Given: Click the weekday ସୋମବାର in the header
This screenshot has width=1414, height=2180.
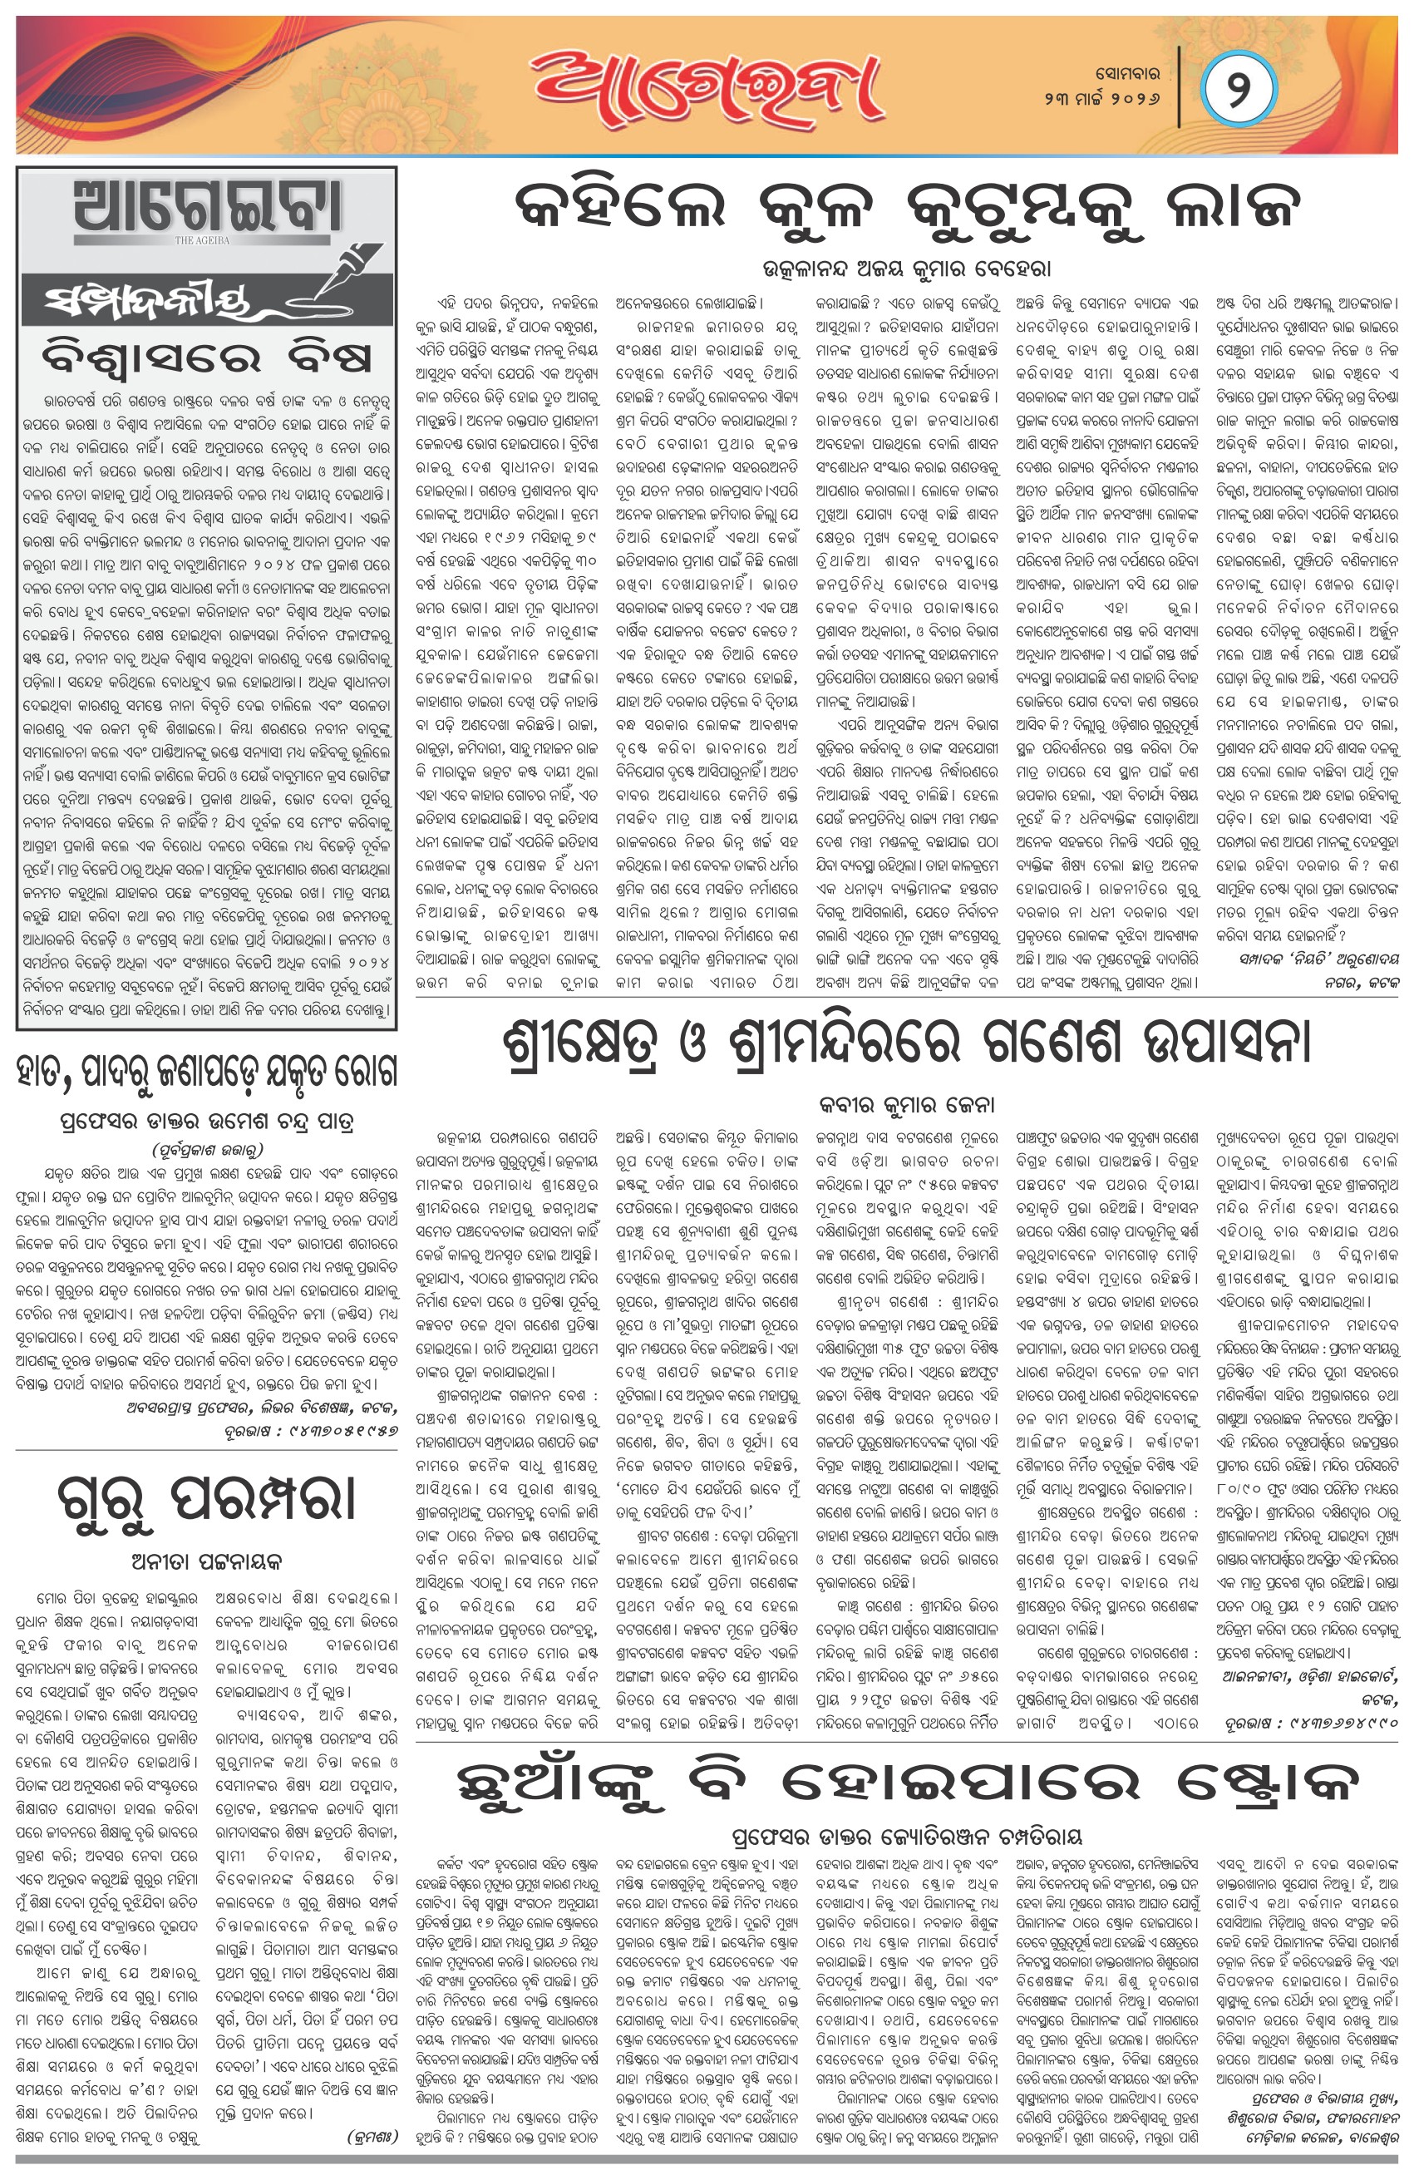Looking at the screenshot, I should [1127, 72].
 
